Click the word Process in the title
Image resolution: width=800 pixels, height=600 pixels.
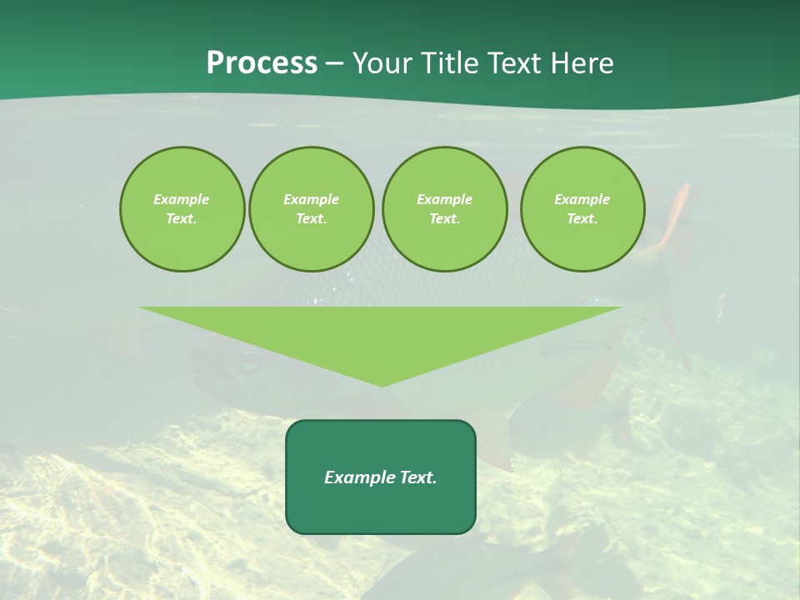point(262,63)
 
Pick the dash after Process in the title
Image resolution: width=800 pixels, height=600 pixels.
point(334,64)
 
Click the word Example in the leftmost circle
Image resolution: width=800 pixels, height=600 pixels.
point(182,199)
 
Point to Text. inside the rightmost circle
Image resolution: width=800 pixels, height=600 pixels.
point(582,218)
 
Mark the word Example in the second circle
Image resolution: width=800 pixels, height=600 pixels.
point(311,199)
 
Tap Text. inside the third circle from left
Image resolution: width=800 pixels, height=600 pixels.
point(444,218)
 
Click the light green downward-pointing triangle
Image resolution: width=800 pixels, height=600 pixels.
point(381,333)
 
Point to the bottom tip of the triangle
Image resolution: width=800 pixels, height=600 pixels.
point(382,384)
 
